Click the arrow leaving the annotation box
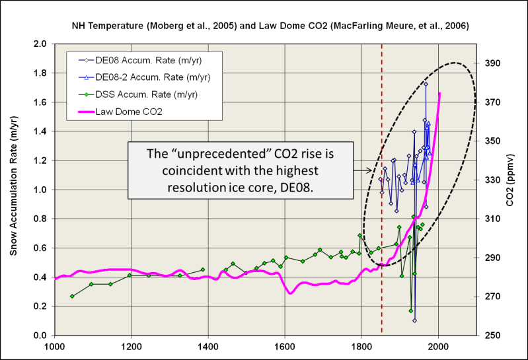point(361,170)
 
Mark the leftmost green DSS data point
point(72,296)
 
